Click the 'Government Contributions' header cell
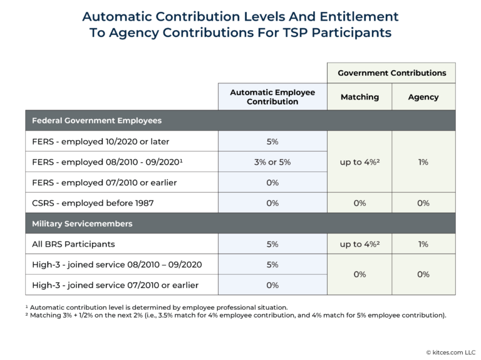[391, 73]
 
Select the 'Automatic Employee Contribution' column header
[272, 97]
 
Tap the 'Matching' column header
[359, 97]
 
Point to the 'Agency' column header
[423, 97]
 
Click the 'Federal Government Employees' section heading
[96, 120]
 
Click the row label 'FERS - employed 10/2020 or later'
[100, 141]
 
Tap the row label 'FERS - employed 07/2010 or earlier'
[104, 182]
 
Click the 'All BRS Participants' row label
[74, 244]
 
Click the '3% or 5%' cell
[272, 162]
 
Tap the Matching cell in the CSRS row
[359, 203]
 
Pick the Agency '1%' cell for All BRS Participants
[423, 244]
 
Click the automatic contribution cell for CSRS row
[272, 203]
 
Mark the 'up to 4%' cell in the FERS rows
[359, 162]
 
